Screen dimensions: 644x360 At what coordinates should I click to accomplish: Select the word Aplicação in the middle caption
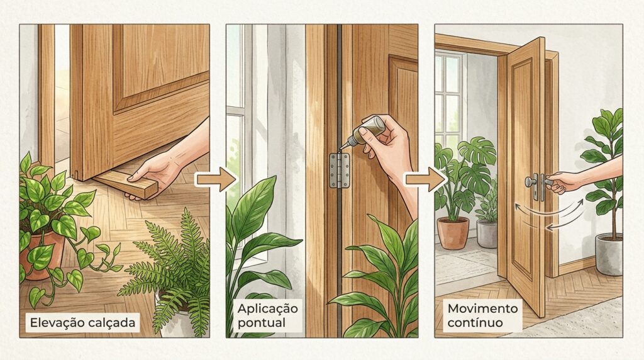tap(267, 308)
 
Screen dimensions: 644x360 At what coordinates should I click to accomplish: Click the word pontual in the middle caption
tap(261, 322)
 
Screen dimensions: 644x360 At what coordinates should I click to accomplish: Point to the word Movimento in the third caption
tap(482, 308)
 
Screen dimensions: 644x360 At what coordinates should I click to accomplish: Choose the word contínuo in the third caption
tap(475, 322)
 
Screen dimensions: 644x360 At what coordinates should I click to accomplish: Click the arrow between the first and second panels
tap(216, 179)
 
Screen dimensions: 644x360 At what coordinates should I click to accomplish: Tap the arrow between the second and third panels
tap(426, 179)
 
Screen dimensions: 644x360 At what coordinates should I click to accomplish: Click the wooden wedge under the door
tap(126, 183)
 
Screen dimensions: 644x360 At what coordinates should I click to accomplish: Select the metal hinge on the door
tap(340, 171)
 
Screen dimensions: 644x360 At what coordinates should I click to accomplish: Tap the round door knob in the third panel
tap(530, 182)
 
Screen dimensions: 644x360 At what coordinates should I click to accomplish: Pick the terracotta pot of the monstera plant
tap(453, 233)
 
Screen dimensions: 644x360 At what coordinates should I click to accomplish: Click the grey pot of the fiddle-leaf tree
tap(609, 254)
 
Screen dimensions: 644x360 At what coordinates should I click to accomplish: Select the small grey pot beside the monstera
tap(487, 234)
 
